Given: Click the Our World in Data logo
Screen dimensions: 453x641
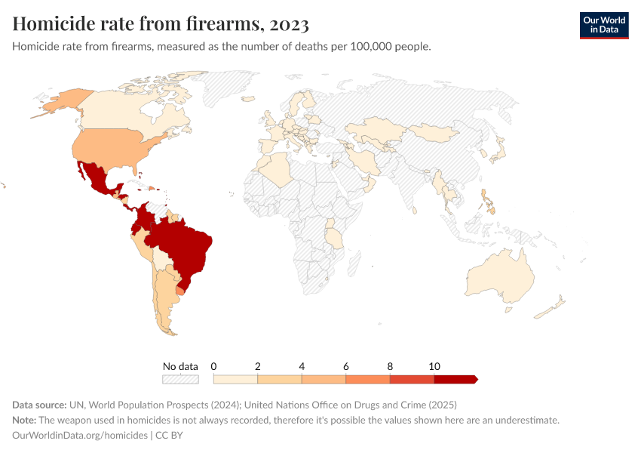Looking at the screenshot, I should click(603, 25).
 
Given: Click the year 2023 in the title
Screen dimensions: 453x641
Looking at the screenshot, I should click(287, 24).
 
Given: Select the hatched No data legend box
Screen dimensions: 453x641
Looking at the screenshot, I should click(181, 380).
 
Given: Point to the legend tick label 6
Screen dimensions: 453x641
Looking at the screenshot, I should click(345, 366).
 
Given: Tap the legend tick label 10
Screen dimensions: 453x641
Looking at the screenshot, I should click(434, 366).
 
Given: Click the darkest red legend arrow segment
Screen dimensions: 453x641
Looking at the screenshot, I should click(455, 379).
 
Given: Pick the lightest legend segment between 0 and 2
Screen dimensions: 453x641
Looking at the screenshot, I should click(235, 379).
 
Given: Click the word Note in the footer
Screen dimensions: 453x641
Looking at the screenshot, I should click(24, 420).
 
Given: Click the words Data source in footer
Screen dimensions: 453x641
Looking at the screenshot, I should click(38, 404).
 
